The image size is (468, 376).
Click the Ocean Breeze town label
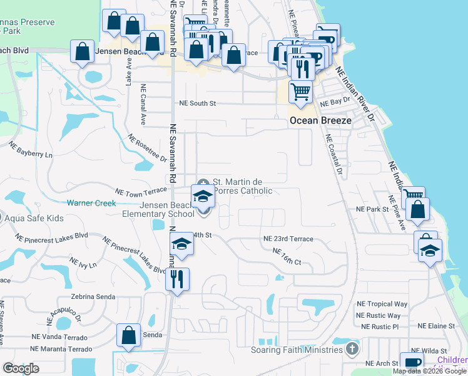click(319, 122)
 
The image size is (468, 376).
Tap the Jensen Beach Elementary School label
click(159, 209)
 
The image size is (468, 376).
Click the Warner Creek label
click(92, 203)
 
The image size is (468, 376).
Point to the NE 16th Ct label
click(287, 256)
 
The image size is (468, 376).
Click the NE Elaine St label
click(436, 326)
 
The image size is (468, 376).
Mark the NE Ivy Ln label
click(83, 263)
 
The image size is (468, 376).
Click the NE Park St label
click(372, 209)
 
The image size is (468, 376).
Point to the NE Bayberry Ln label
click(30, 149)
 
